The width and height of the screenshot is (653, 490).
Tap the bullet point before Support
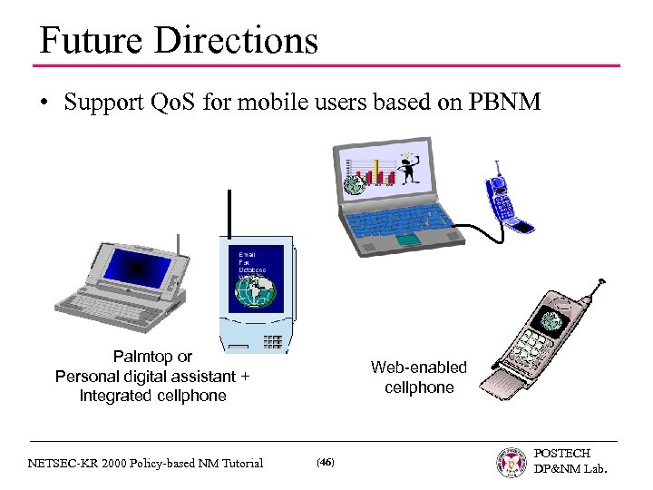(x=44, y=103)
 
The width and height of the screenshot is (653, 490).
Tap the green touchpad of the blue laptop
(x=408, y=239)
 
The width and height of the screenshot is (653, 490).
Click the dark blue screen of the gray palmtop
(x=137, y=269)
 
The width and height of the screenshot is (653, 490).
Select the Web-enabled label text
(x=418, y=367)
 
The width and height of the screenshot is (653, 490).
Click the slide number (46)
(x=325, y=463)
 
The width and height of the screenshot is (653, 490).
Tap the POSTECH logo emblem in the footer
(x=512, y=462)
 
